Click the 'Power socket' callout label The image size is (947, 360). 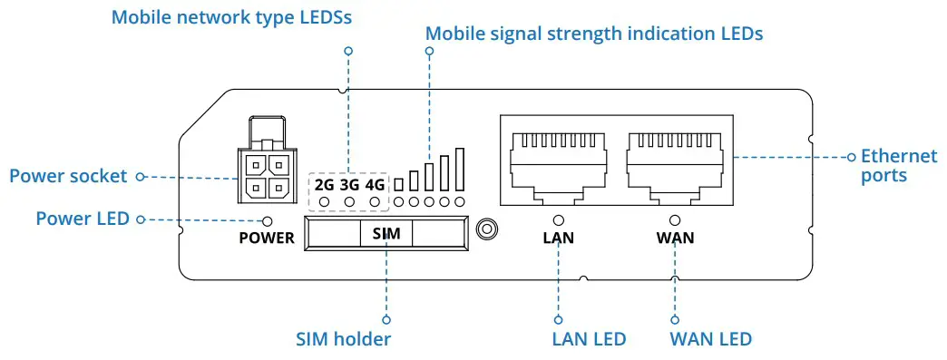click(68, 176)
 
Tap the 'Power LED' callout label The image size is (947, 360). click(82, 219)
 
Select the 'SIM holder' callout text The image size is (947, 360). click(343, 339)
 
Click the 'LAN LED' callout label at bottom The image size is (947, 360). click(589, 339)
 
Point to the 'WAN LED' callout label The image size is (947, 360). click(710, 339)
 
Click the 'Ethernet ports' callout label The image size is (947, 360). click(898, 165)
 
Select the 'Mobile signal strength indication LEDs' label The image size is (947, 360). click(594, 34)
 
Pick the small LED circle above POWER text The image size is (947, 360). click(268, 220)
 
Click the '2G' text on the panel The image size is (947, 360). click(324, 184)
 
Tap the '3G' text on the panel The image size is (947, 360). click(349, 184)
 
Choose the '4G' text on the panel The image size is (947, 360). click(374, 184)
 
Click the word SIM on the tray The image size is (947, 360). click(386, 234)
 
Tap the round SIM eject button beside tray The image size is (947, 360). click(488, 229)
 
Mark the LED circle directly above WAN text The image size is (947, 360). click(674, 219)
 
